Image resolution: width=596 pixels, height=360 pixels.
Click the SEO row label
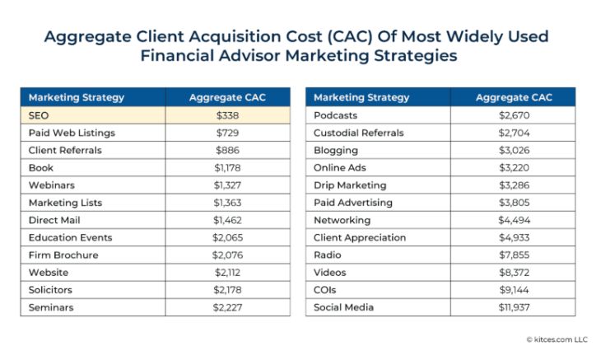click(x=39, y=115)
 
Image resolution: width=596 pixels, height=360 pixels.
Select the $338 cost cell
click(x=226, y=115)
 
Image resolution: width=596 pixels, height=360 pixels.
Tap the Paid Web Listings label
click(x=72, y=133)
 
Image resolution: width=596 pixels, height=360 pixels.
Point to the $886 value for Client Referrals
click(x=226, y=151)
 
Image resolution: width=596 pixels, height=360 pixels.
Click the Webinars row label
click(x=52, y=185)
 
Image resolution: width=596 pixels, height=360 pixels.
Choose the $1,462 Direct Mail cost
click(x=226, y=220)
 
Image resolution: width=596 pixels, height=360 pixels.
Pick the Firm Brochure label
click(x=63, y=255)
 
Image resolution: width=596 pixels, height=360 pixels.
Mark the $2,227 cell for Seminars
click(x=226, y=307)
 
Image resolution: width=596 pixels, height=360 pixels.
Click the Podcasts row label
click(x=335, y=115)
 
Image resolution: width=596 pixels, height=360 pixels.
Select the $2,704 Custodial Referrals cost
click(x=514, y=133)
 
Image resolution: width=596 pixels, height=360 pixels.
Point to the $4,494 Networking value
click(x=514, y=220)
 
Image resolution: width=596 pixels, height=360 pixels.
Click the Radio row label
click(x=327, y=255)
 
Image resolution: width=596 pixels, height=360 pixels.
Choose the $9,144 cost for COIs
click(x=514, y=290)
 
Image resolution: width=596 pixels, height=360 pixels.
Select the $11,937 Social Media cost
click(x=514, y=307)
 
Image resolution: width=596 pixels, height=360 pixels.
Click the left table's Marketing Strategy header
click(x=77, y=97)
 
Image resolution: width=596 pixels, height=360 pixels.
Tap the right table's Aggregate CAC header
click(x=514, y=97)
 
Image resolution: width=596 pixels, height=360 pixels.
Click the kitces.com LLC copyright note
click(x=557, y=339)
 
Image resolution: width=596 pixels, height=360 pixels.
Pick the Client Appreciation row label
click(x=360, y=238)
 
